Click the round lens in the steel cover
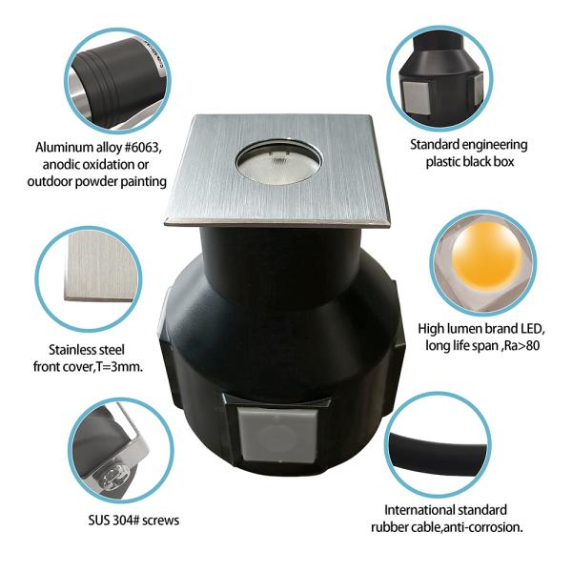278,162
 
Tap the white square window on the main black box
278,436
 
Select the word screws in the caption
161,521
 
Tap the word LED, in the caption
532,329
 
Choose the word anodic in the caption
62,165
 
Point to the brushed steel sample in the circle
98,266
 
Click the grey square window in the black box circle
416,96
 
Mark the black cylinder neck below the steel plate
282,255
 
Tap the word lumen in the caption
461,329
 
